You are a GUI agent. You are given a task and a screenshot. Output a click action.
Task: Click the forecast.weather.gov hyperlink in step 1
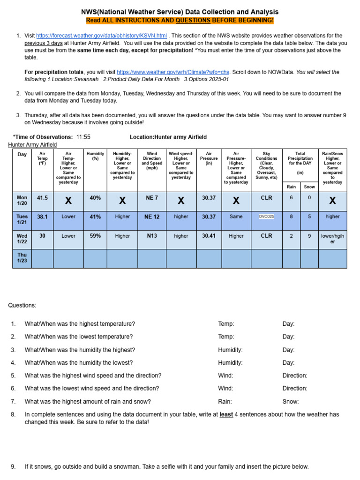pyautogui.click(x=101, y=36)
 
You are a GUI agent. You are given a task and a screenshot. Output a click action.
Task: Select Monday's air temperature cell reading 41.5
pyautogui.click(x=42, y=198)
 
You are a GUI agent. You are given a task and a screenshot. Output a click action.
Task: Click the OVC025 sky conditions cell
pyautogui.click(x=267, y=217)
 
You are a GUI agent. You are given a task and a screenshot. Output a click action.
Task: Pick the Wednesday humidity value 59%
pyautogui.click(x=95, y=236)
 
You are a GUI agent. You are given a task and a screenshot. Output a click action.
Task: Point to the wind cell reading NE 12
pyautogui.click(x=152, y=217)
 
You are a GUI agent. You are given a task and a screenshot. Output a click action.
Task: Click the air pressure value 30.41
pyautogui.click(x=209, y=236)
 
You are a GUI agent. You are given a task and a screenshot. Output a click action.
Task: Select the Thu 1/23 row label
pyautogui.click(x=22, y=258)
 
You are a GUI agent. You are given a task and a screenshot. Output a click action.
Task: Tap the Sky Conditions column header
pyautogui.click(x=266, y=165)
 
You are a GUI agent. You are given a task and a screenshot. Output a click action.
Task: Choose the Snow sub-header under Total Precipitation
pyautogui.click(x=309, y=187)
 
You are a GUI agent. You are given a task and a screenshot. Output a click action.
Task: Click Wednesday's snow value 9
pyautogui.click(x=309, y=236)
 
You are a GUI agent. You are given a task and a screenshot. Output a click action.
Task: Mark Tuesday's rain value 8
pyautogui.click(x=292, y=217)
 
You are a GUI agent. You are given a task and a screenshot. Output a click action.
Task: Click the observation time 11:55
pyautogui.click(x=83, y=137)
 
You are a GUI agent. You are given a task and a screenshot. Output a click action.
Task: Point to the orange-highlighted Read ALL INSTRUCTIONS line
pyautogui.click(x=180, y=21)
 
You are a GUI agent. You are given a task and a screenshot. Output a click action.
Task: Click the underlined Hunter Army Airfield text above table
pyautogui.click(x=32, y=145)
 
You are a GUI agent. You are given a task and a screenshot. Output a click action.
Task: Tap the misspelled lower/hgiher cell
pyautogui.click(x=332, y=239)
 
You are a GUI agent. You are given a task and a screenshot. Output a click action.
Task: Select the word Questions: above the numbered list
pyautogui.click(x=22, y=306)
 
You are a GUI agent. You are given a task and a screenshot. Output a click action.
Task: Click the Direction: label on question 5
pyautogui.click(x=295, y=375)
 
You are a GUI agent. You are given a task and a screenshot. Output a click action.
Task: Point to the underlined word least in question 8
pyautogui.click(x=226, y=414)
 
